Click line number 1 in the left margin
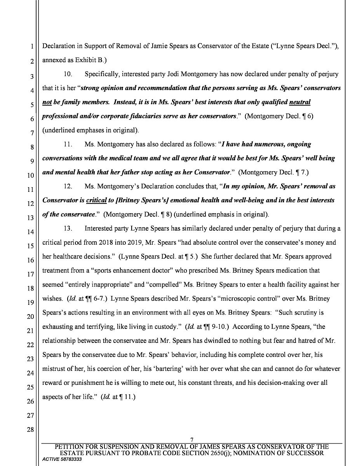click(31, 47)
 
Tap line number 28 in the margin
click(30, 430)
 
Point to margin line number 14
click(30, 232)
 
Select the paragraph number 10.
click(68, 74)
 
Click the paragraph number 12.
click(68, 186)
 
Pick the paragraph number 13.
click(68, 229)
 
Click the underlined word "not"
click(47, 102)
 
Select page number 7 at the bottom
click(192, 440)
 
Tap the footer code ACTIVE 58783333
click(62, 459)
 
